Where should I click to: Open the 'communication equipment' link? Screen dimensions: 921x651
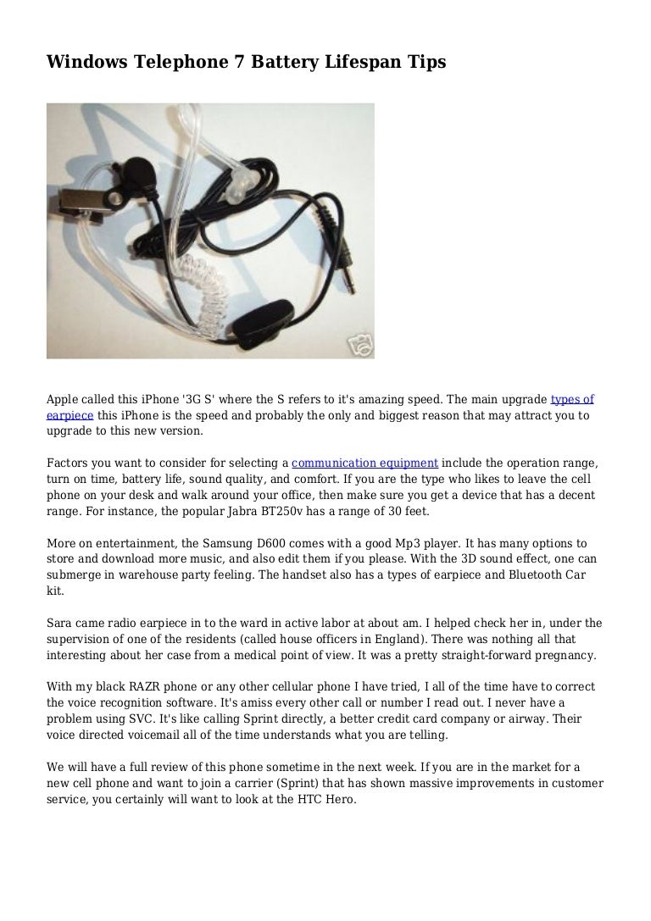[x=364, y=463]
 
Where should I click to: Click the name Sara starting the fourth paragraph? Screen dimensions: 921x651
[x=58, y=623]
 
